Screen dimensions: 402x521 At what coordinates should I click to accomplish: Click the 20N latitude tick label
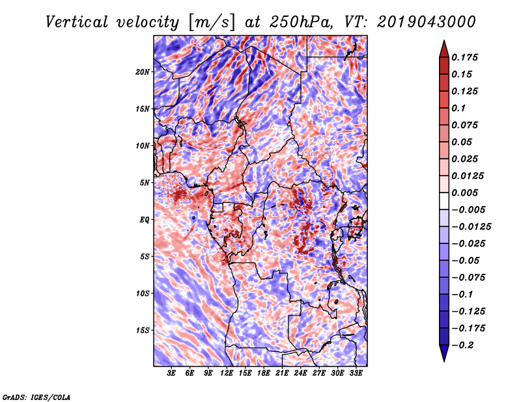143,72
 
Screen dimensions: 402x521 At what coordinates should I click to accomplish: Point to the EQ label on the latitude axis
145,220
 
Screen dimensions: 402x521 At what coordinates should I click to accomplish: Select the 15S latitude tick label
143,330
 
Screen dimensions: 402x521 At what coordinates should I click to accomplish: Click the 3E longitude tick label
172,374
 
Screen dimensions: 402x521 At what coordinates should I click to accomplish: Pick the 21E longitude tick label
282,374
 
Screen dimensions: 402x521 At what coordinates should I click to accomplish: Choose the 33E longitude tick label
356,374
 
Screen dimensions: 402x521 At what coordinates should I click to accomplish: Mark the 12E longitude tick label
227,374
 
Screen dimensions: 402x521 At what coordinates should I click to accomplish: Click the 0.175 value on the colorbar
467,57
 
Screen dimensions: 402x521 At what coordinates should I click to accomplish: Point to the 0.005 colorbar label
467,193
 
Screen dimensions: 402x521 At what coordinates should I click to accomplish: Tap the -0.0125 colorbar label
473,226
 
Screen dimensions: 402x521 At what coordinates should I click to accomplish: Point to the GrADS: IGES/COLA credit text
36,396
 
